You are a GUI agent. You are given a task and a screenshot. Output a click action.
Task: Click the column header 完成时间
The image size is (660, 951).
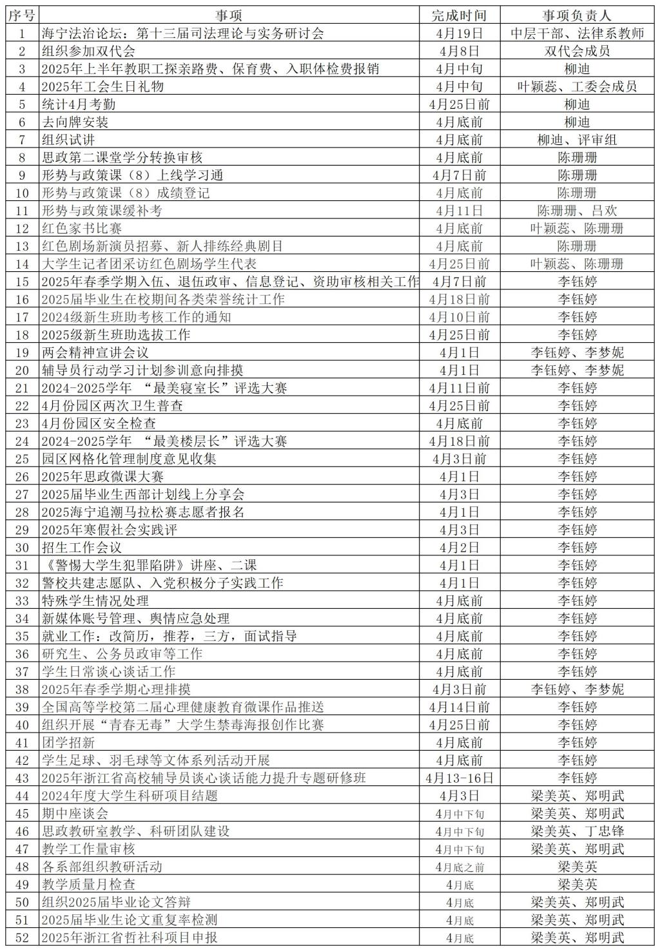pos(459,15)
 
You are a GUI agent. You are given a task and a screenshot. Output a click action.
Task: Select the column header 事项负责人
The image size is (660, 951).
pos(577,15)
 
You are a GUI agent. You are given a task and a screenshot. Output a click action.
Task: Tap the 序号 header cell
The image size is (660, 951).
pos(22,15)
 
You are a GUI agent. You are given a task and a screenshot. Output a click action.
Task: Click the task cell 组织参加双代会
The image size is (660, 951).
pos(88,52)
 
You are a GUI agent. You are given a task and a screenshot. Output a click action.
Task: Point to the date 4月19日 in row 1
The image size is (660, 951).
pos(459,34)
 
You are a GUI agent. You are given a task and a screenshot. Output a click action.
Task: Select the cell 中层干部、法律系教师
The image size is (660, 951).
pos(577,34)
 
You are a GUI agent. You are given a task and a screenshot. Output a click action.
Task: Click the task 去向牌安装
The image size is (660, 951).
pos(75,122)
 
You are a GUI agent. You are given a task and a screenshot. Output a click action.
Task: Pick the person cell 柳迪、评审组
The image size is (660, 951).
pos(577,140)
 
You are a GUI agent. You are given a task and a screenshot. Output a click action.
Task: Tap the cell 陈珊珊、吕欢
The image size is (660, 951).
pos(577,211)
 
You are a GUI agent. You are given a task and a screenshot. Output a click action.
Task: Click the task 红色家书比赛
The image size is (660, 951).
pos(82,228)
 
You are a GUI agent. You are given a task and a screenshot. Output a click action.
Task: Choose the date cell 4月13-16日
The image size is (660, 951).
pos(459,778)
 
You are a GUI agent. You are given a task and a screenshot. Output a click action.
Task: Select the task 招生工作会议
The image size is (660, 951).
pos(82,548)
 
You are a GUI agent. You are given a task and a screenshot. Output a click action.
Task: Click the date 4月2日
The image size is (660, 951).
pos(459,548)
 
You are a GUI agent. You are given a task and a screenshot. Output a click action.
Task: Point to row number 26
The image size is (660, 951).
pos(22,477)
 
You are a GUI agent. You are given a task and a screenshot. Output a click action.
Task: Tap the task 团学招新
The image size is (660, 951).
pos(68,742)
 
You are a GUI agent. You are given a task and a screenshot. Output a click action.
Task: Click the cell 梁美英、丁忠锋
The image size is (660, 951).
pos(577,831)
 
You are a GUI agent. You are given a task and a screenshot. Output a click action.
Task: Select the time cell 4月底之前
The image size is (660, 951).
pos(459,867)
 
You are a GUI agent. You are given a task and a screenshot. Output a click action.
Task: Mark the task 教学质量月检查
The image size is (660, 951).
pos(88,885)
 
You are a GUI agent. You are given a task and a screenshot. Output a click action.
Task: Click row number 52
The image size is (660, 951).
pos(22,937)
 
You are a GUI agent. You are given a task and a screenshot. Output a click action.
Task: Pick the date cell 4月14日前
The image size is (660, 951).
pos(459,707)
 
